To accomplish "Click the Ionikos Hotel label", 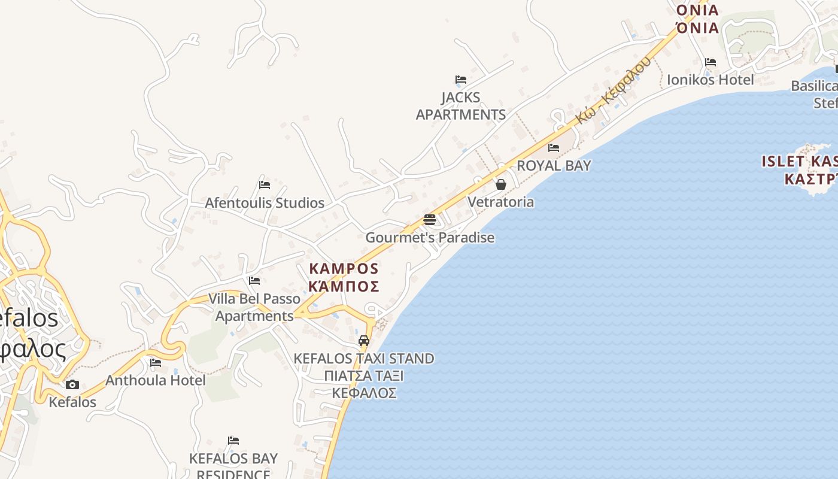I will pos(711,80).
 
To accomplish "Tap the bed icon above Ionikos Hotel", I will pos(711,62).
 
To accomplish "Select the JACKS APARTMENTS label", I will pos(461,106).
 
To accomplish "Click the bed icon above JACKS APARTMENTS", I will pos(461,80).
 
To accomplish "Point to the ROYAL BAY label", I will pos(554,166).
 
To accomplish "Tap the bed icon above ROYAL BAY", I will pos(554,148).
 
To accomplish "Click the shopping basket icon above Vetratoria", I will pos(501,184).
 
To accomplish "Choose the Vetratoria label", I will pos(501,202).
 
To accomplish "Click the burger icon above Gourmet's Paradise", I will pos(430,220).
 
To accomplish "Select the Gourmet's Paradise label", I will pos(430,238).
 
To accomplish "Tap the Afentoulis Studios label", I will pos(265,203).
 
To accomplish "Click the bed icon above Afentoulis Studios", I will pos(265,185).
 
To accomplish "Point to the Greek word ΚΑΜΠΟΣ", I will pos(344,286).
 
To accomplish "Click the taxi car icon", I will pos(364,341).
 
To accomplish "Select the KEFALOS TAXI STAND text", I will pos(364,359).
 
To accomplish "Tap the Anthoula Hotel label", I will pos(156,380).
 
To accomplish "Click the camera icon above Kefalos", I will pos(72,384).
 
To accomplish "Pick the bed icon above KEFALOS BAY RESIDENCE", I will pos(233,441).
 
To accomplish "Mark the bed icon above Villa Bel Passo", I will pos(254,281).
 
